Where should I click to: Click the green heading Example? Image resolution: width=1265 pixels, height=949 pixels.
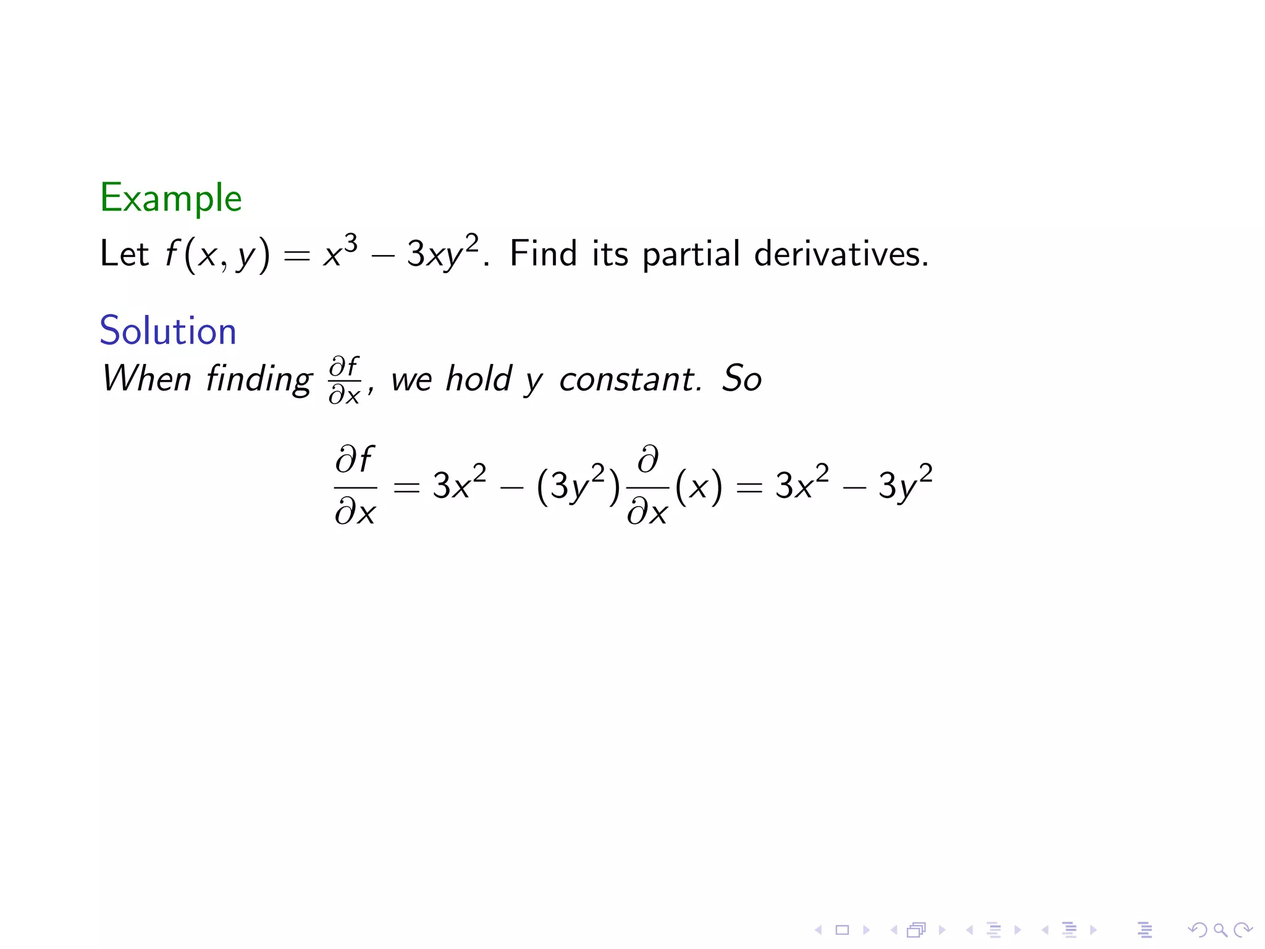point(170,199)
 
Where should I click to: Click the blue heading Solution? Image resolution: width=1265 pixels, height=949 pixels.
point(168,331)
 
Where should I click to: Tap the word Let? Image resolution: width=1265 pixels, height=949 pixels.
point(124,254)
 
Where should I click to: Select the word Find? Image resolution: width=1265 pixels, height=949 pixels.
point(543,253)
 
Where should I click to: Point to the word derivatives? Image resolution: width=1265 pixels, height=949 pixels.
point(841,253)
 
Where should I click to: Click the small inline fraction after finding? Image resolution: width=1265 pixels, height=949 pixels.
point(345,380)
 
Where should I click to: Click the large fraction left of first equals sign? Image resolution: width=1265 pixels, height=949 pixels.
point(355,486)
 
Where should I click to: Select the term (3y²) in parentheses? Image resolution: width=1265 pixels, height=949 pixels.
point(578,485)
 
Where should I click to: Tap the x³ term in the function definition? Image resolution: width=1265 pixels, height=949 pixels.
point(340,251)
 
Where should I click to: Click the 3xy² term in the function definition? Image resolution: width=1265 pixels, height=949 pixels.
point(442,252)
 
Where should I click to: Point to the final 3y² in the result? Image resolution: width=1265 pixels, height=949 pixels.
point(905,484)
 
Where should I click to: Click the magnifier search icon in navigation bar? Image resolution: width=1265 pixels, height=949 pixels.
point(1219,929)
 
